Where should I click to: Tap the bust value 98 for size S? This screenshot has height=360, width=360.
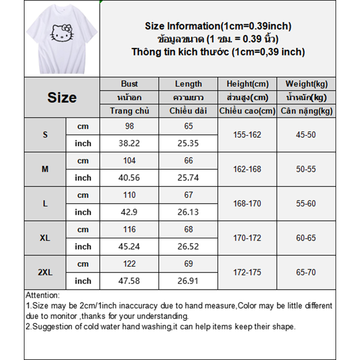click(130, 126)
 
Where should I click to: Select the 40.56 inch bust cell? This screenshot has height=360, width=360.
click(130, 178)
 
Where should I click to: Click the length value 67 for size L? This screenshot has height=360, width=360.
click(189, 195)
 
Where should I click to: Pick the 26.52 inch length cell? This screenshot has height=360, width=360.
click(189, 247)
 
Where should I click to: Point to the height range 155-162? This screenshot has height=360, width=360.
click(247, 135)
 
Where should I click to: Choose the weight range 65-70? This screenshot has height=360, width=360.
click(306, 272)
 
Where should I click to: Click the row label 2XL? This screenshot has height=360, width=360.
click(45, 272)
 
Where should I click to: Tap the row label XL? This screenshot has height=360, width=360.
click(45, 238)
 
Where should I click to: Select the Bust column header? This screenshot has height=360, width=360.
click(130, 84)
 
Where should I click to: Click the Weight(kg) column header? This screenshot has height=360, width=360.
click(306, 84)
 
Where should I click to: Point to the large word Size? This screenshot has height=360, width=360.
click(62, 98)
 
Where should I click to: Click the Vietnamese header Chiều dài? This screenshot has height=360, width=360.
click(189, 111)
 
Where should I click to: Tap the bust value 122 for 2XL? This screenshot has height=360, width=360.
click(130, 264)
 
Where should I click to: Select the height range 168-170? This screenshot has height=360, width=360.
click(247, 204)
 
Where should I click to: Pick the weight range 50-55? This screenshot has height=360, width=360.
click(306, 169)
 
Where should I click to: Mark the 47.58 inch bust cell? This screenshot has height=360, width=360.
click(130, 281)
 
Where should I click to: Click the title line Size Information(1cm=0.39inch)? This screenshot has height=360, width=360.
click(218, 26)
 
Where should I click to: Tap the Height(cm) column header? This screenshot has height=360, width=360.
click(247, 84)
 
